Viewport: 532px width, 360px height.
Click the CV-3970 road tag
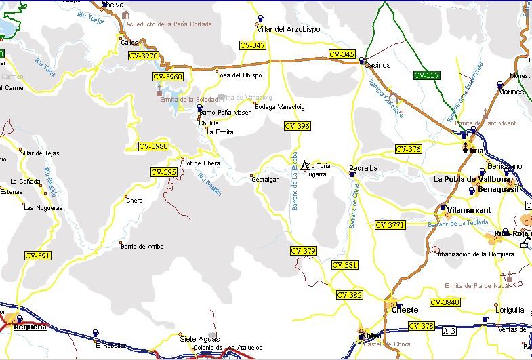click(x=143, y=56)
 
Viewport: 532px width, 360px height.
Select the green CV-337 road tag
click(x=426, y=75)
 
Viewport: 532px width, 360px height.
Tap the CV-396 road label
click(x=298, y=126)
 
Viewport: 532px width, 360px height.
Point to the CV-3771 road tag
click(x=390, y=225)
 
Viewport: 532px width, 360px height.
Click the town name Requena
click(x=30, y=327)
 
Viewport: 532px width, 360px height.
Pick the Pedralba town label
click(x=363, y=167)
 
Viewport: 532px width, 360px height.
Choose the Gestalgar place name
click(x=265, y=179)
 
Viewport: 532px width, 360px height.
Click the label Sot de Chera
click(x=201, y=163)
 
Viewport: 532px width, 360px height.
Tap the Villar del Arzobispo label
click(x=289, y=29)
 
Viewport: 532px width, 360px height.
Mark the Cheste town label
click(x=405, y=311)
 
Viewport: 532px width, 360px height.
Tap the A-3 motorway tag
click(x=449, y=332)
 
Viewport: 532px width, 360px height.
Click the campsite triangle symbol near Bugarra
click(x=305, y=165)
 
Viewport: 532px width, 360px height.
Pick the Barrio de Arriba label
click(x=142, y=247)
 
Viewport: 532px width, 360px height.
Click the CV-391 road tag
click(x=37, y=256)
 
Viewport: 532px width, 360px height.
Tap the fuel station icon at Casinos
click(x=362, y=60)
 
